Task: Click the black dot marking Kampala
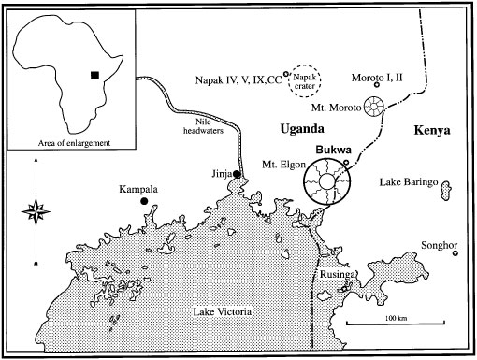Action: tap(144, 201)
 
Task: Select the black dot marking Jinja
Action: tap(238, 174)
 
